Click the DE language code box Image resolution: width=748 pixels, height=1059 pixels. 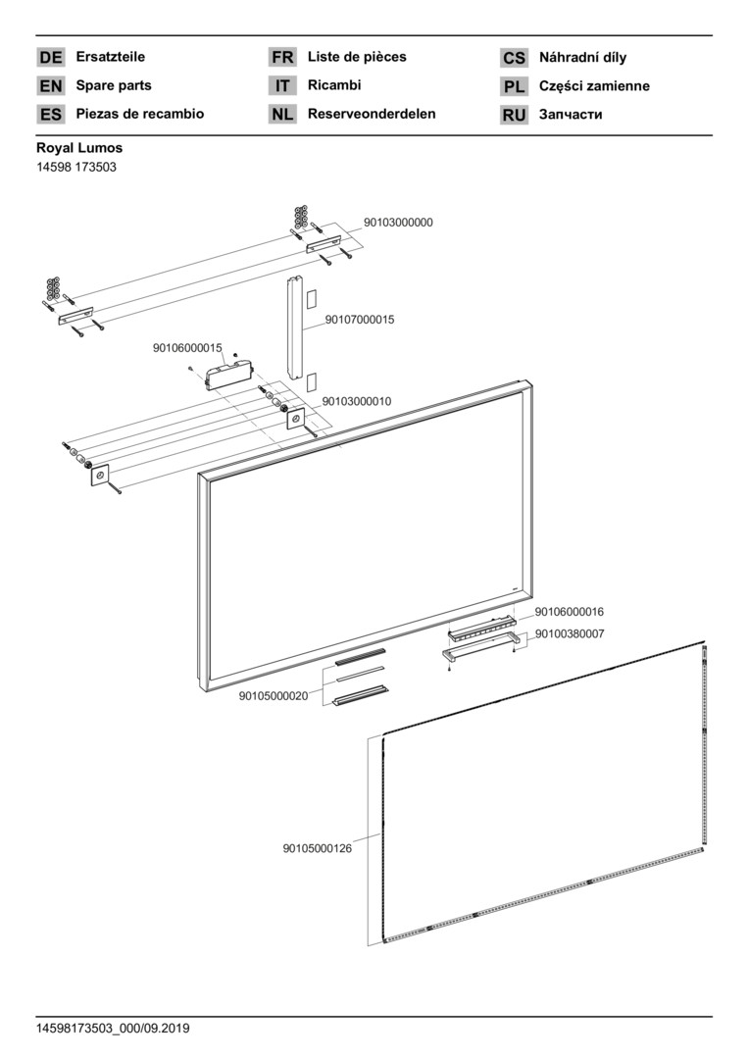[x=51, y=58]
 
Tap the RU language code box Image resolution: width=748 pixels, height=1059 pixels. [x=514, y=115]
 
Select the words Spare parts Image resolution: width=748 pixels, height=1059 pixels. [x=114, y=85]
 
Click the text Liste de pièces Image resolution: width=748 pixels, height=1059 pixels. [x=357, y=57]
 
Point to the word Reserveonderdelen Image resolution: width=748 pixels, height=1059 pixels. [x=372, y=114]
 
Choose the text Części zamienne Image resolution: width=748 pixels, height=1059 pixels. [x=594, y=86]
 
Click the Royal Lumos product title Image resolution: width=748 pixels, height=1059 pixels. [x=79, y=148]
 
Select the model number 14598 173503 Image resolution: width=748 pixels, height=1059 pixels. [x=76, y=167]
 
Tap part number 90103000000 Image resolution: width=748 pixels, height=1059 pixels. [x=398, y=223]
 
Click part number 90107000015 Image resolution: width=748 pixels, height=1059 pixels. [x=360, y=320]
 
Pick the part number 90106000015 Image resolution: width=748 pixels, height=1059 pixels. [x=187, y=348]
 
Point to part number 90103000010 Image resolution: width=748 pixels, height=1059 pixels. [x=357, y=402]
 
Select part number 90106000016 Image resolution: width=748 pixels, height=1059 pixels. [x=569, y=612]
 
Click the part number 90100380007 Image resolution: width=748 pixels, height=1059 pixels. [x=569, y=633]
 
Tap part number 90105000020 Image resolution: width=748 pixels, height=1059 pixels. [x=274, y=696]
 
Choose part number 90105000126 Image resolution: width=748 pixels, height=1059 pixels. [x=317, y=848]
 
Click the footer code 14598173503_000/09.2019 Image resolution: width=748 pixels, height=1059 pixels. [x=113, y=1029]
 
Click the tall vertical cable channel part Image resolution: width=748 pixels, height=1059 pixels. [x=294, y=328]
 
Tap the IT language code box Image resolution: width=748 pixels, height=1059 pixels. [x=282, y=86]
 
